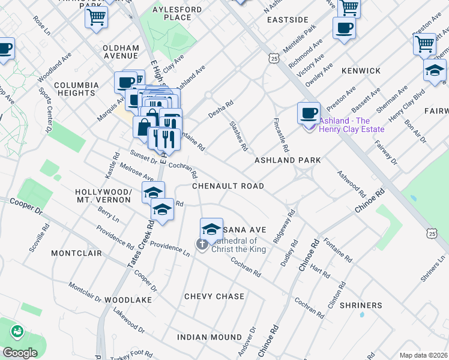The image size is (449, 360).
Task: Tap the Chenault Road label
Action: pos(228,186)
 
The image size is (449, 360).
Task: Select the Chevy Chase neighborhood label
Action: pos(214,296)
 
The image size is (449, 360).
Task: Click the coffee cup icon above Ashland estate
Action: pos(309,113)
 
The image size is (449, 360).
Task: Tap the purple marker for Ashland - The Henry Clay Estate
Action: pos(310,125)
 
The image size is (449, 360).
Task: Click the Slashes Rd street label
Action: pos(238,135)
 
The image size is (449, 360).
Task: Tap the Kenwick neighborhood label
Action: pos(361,71)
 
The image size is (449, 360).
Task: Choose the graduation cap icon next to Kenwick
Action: pos(435,70)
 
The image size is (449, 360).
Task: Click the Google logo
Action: pos(19,353)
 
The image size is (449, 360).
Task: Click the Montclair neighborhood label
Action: pos(74,254)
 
